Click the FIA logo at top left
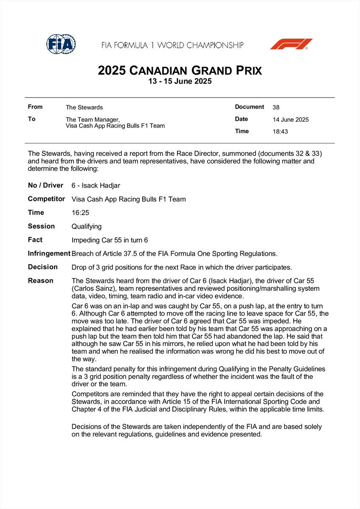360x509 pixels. tap(61, 44)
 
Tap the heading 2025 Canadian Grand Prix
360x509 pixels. tap(180, 70)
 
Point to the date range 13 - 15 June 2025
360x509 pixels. tap(180, 81)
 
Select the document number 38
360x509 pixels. tap(276, 107)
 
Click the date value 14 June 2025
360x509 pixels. tap(291, 120)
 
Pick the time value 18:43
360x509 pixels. tap(280, 131)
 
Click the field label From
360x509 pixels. tap(35, 107)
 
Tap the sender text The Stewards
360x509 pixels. tap(84, 107)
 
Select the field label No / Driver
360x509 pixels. tap(45, 185)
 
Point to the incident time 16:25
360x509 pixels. tap(81, 213)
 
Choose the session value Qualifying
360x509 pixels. tap(87, 226)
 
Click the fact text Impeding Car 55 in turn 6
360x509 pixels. tap(110, 240)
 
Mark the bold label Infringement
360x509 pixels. tap(49, 253)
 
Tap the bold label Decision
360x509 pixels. tap(43, 267)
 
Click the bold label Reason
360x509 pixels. tap(41, 280)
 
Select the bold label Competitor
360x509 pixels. tap(46, 199)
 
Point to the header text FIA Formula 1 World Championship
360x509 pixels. tap(172, 45)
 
